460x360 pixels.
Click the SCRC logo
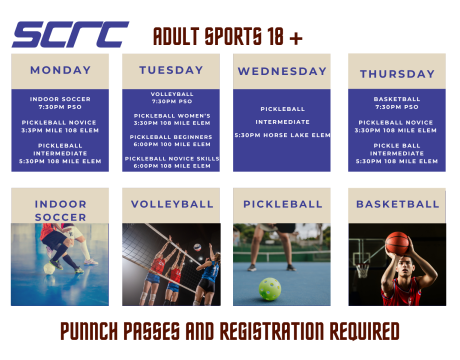point(70,35)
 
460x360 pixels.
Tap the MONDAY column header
point(60,70)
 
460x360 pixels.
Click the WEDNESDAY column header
point(281,71)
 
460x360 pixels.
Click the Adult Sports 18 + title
point(227,37)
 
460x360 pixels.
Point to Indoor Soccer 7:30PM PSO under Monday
point(60,102)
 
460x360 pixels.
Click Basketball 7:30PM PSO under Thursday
point(397,102)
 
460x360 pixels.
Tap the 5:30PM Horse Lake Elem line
point(281,135)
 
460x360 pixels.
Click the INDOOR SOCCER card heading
point(60,210)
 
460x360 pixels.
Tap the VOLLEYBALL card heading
point(171,204)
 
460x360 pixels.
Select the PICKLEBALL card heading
point(281,204)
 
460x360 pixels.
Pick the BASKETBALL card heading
point(397,204)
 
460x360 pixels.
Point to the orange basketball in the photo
point(398,243)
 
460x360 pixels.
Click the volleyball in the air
point(197,246)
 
